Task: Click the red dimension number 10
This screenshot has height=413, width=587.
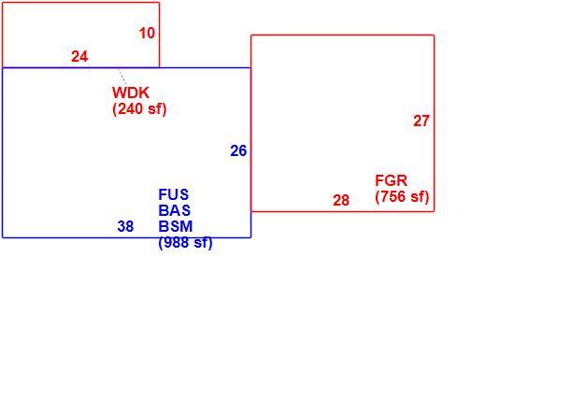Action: (147, 34)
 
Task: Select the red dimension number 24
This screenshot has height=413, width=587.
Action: (79, 57)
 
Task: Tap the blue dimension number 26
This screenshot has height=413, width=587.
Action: (238, 150)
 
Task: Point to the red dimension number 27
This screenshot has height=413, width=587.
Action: (422, 121)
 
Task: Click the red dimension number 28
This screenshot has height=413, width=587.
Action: (341, 201)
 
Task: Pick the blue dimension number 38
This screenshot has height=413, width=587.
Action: (125, 226)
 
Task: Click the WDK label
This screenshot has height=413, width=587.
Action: (131, 93)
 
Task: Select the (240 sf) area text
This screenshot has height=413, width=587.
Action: (139, 109)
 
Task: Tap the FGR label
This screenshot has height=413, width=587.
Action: (392, 180)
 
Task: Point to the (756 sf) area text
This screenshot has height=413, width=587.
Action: (402, 197)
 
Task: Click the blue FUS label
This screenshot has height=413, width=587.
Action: (174, 194)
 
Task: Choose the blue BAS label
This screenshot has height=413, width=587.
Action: (175, 210)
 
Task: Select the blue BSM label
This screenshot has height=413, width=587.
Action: (176, 226)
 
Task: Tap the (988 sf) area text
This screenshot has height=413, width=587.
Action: (185, 242)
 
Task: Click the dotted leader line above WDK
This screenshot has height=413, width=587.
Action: (122, 77)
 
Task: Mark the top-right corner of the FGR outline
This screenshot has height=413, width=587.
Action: (435, 36)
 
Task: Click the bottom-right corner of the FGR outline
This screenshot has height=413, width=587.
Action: (435, 211)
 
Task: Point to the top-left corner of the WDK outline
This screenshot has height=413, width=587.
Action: (3, 3)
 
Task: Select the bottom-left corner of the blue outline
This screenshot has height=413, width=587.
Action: (3, 237)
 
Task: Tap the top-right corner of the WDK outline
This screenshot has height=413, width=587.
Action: (159, 3)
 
